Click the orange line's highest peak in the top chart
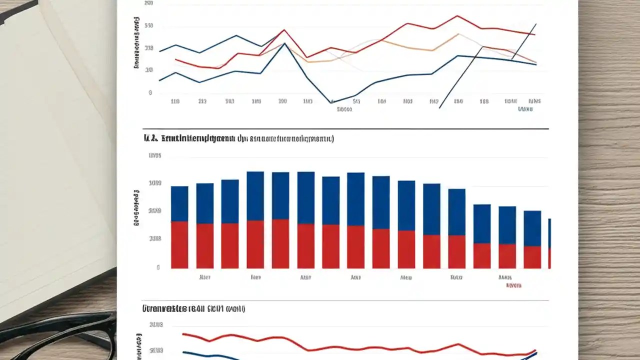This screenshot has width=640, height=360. coord(457,34)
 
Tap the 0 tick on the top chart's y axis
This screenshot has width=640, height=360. coord(150,93)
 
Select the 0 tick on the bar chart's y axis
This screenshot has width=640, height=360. coord(158,267)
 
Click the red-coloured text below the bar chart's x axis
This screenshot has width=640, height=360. coord(513,285)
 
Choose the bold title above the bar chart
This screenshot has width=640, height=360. coord(238,138)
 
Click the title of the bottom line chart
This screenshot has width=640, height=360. coord(193,309)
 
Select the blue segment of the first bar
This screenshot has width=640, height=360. coord(179,203)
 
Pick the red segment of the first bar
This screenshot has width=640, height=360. coord(179,244)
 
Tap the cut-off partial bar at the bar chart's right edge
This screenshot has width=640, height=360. coord(549,243)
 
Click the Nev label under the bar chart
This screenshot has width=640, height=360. coord(255,276)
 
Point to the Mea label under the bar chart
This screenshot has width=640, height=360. coord(406,276)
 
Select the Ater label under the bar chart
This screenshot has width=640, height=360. coord(204,276)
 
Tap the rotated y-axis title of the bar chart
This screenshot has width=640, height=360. coord(136,207)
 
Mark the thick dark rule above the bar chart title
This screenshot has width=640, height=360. coord(345,129)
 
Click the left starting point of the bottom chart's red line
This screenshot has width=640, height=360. coord(183,334)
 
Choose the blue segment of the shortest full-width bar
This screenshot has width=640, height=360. coord(532,228)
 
